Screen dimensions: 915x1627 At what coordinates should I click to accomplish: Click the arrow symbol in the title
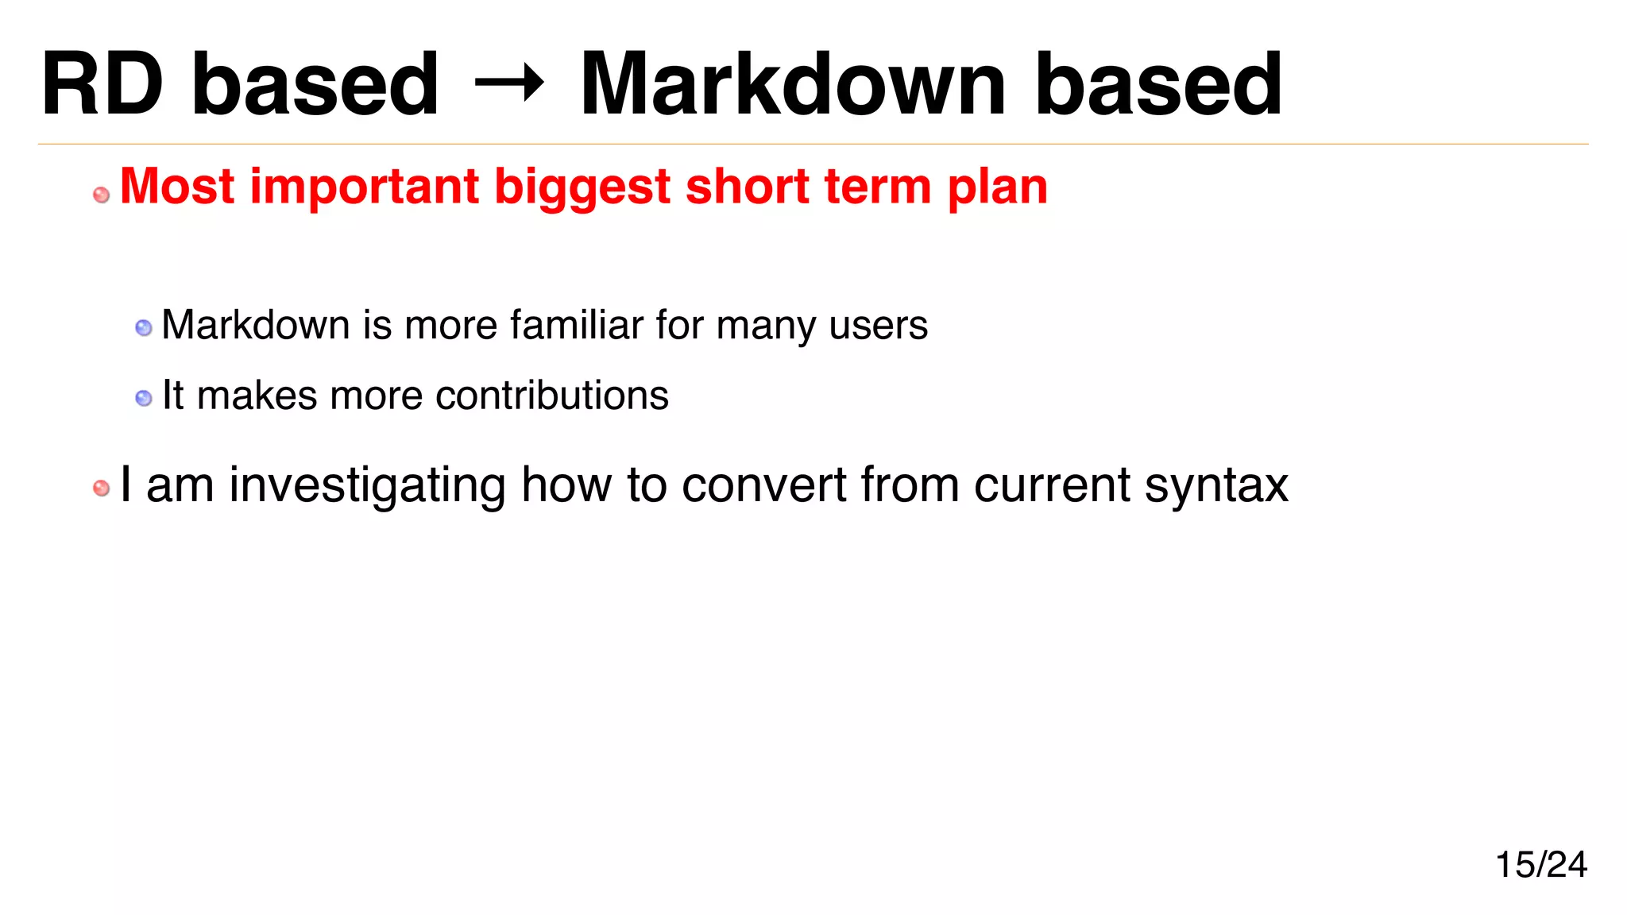[508, 83]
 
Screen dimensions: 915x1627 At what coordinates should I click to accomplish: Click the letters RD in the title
[102, 84]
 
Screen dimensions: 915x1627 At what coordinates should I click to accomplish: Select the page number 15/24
[1540, 864]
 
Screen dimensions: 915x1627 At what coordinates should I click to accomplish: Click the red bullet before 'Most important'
[102, 195]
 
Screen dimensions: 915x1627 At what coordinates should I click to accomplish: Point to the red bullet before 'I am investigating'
[102, 488]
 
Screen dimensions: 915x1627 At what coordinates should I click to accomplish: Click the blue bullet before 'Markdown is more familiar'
[144, 328]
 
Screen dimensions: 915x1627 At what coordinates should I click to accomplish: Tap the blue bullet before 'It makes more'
[144, 398]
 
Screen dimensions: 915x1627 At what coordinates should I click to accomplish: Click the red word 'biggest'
[583, 187]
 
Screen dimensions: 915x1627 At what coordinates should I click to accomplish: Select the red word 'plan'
[997, 187]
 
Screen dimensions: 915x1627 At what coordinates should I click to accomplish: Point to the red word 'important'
[364, 187]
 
